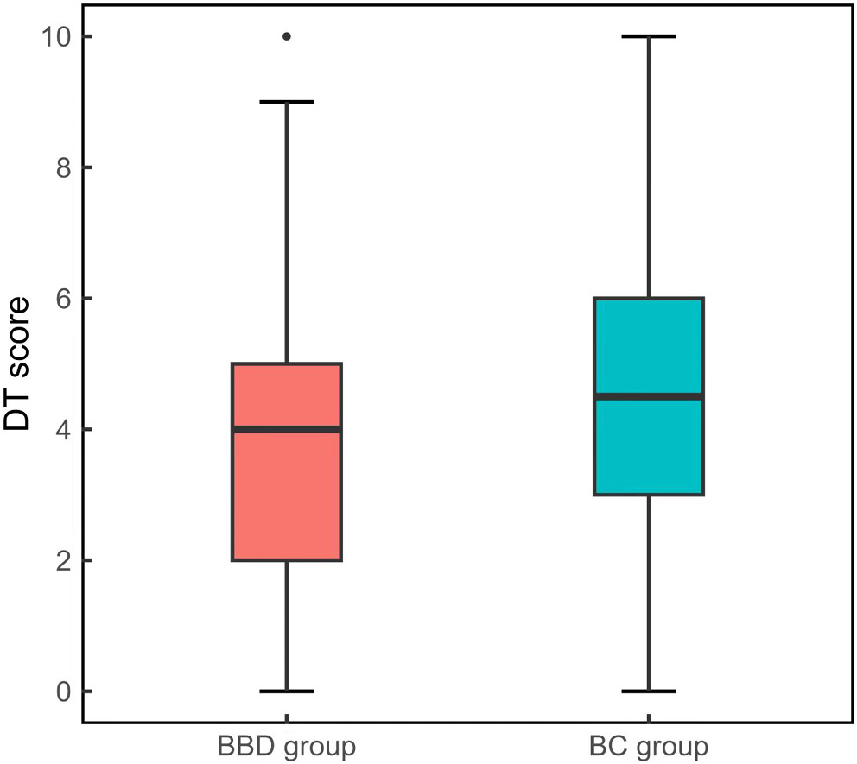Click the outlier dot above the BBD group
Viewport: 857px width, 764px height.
pyautogui.click(x=286, y=36)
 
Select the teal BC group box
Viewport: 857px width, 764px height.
pyautogui.click(x=648, y=354)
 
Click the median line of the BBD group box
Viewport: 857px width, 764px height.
pyautogui.click(x=286, y=429)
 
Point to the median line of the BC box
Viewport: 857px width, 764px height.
pyautogui.click(x=648, y=396)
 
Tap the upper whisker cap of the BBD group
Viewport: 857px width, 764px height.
pyautogui.click(x=286, y=102)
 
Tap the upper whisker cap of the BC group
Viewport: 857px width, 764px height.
pyautogui.click(x=648, y=36)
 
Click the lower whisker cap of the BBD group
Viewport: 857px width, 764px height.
pyautogui.click(x=286, y=691)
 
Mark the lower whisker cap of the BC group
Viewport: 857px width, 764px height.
pyautogui.click(x=648, y=691)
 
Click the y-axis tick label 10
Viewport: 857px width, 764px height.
pyautogui.click(x=54, y=36)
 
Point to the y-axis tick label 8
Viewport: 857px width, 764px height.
pyautogui.click(x=60, y=167)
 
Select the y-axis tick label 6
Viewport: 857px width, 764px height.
pyautogui.click(x=60, y=299)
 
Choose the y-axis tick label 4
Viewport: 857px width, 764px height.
pyautogui.click(x=60, y=429)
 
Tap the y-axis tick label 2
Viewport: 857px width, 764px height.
pyautogui.click(x=60, y=560)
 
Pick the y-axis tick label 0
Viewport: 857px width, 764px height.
pyautogui.click(x=60, y=691)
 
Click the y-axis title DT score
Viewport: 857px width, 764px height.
pyautogui.click(x=18, y=363)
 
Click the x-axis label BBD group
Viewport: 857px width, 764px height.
pyautogui.click(x=286, y=745)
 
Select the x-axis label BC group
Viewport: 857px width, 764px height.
pyautogui.click(x=648, y=745)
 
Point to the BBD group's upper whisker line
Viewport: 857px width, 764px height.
pyautogui.click(x=286, y=233)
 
